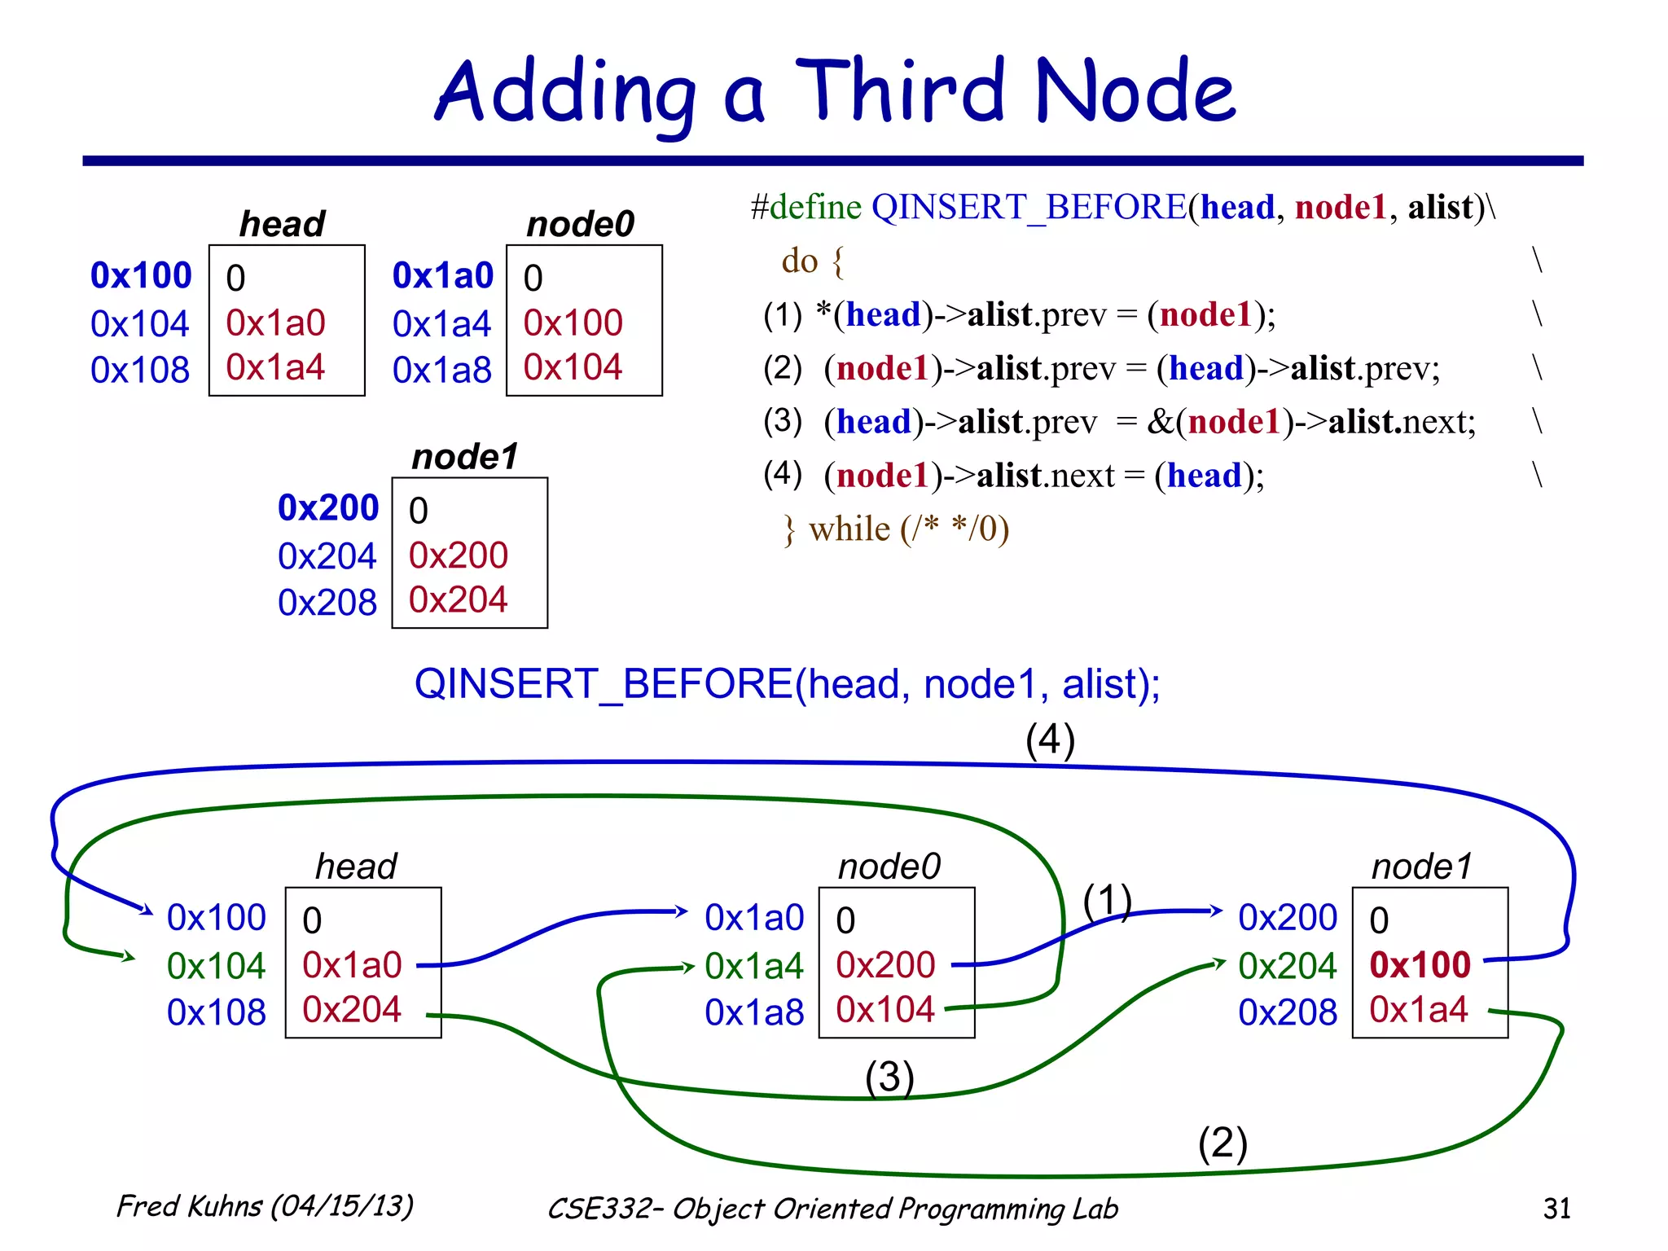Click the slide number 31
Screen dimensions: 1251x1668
1556,1208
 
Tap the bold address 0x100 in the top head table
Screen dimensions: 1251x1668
141,275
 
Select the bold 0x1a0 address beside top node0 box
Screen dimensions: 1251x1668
442,275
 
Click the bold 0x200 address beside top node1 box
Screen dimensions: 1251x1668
328,507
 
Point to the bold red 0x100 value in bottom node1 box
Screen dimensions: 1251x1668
1420,965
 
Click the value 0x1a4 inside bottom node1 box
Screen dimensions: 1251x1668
1418,1010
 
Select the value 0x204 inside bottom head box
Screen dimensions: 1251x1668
351,1010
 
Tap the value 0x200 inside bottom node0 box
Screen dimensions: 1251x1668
885,965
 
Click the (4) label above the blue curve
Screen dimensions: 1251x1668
1050,740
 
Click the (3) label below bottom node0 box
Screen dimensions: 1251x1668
889,1077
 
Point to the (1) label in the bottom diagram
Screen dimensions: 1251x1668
1107,901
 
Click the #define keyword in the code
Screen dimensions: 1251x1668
805,207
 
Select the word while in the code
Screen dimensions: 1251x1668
849,529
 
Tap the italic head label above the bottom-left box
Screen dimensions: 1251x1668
356,866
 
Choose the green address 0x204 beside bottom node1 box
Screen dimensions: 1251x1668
1287,966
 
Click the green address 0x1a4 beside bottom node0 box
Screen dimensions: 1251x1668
753,966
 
